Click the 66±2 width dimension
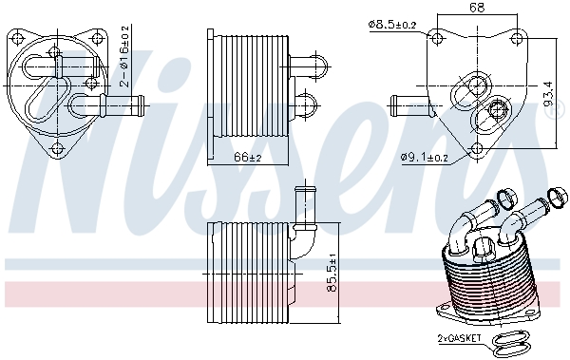[x=247, y=156]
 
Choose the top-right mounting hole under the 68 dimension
[x=516, y=39]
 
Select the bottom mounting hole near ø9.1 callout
[x=475, y=146]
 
